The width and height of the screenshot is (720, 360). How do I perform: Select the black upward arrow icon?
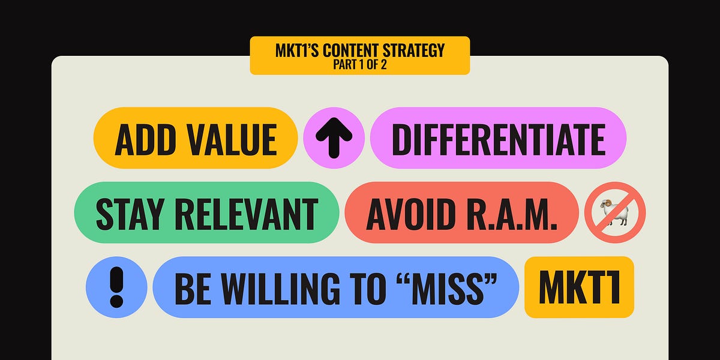pyautogui.click(x=334, y=139)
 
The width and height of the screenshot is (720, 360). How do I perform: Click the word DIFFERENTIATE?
pyautogui.click(x=498, y=139)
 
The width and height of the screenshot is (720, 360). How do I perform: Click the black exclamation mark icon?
pyautogui.click(x=116, y=287)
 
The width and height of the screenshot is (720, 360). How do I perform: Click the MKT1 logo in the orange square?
pyautogui.click(x=579, y=287)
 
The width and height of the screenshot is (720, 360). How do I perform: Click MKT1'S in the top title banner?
pyautogui.click(x=297, y=50)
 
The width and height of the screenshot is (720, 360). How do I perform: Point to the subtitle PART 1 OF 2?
pyautogui.click(x=359, y=65)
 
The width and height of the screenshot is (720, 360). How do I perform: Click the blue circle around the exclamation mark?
pyautogui.click(x=98, y=287)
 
